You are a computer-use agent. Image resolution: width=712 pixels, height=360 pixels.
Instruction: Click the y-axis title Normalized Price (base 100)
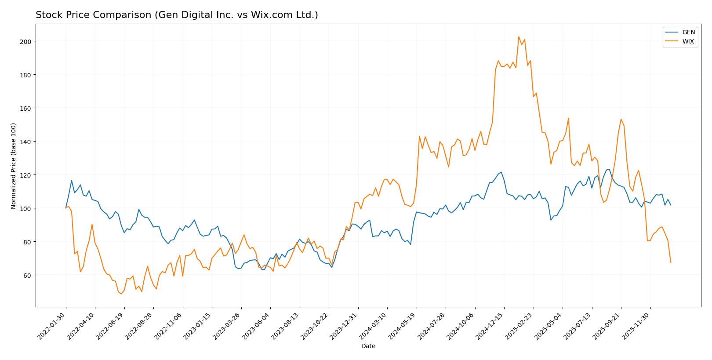pos(14,166)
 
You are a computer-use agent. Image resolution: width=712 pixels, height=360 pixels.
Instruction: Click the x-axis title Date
pos(368,346)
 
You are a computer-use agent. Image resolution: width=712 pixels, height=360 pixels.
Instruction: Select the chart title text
pos(177,15)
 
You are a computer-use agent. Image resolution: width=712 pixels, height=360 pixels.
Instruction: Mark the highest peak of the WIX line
pos(519,36)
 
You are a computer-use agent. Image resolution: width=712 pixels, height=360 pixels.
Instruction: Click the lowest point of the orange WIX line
pos(121,294)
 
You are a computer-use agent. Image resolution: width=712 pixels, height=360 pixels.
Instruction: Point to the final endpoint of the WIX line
pos(671,262)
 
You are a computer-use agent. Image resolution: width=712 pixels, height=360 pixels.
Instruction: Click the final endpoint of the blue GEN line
pos(671,205)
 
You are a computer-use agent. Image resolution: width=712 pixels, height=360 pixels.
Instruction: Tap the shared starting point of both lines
pos(66,208)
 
